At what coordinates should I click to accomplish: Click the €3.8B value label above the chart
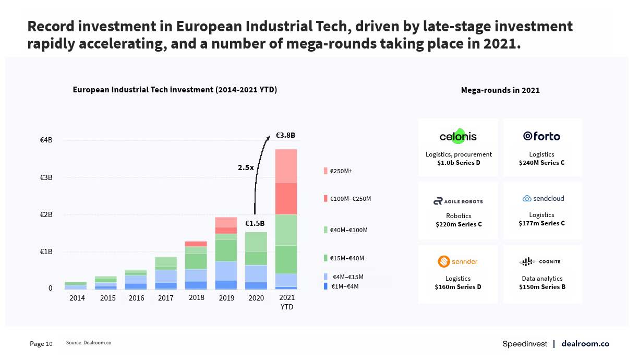(x=285, y=135)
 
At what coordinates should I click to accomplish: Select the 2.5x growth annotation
(x=246, y=167)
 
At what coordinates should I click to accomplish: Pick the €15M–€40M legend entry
(x=344, y=258)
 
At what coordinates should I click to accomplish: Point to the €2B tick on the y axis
(x=46, y=214)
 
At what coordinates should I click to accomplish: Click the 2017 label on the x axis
(x=165, y=298)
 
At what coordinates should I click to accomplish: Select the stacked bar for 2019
(x=226, y=253)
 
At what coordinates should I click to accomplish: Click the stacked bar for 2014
(x=76, y=285)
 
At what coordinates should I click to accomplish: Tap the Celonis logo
(x=458, y=136)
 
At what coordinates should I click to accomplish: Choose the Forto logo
(x=541, y=136)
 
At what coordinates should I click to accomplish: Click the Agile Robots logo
(x=458, y=201)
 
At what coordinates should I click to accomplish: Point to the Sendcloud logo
(x=542, y=198)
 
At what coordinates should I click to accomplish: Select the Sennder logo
(x=457, y=261)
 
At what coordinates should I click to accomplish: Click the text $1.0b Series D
(x=459, y=163)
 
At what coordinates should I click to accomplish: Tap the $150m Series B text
(x=542, y=287)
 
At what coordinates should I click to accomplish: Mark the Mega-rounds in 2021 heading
(x=500, y=90)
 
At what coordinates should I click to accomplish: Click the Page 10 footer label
(x=41, y=344)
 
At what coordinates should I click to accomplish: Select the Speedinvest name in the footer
(x=525, y=344)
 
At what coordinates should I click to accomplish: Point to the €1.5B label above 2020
(x=255, y=223)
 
